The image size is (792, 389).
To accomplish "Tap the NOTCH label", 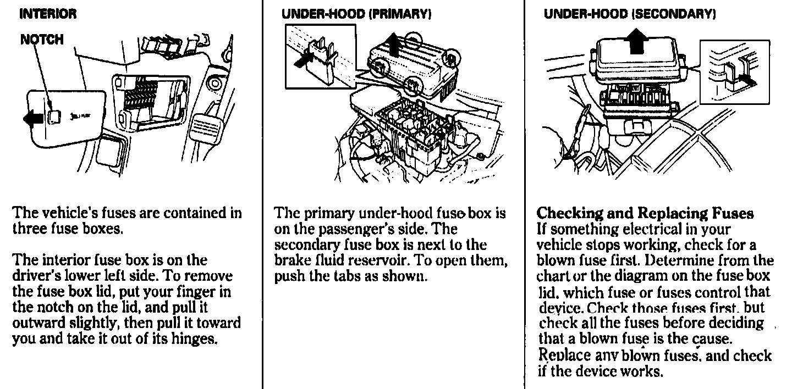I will (x=42, y=40).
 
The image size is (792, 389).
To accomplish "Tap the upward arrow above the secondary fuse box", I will (x=637, y=41).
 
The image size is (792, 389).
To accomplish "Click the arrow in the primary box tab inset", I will (x=301, y=60).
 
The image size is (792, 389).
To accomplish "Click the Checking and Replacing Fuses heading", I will (x=645, y=213).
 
